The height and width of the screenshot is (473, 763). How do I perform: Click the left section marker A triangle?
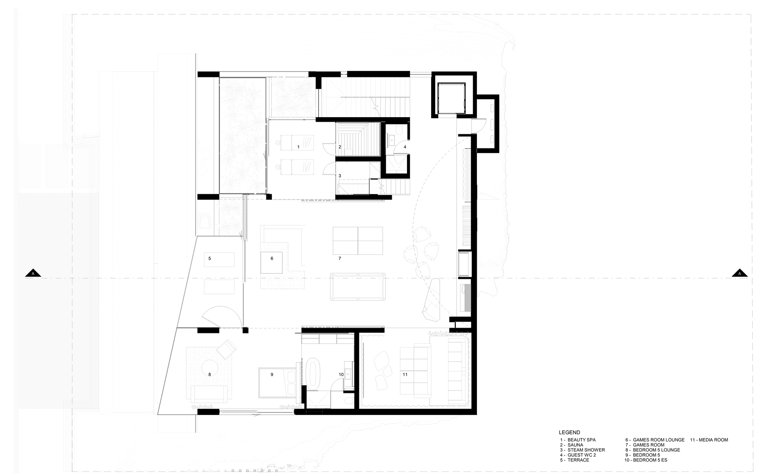click(x=33, y=273)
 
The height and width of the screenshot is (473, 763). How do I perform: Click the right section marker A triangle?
click(x=739, y=273)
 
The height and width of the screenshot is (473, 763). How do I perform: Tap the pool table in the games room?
click(x=358, y=286)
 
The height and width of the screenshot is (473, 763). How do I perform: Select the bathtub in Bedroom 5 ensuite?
click(x=314, y=374)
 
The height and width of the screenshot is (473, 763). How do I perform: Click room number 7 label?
click(x=340, y=259)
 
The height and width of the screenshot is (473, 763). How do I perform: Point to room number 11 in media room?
click(x=405, y=375)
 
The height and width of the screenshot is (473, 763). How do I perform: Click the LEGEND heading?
click(x=569, y=433)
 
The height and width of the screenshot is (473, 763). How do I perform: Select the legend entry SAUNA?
click(x=575, y=445)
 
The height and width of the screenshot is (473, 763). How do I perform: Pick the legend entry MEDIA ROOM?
click(x=709, y=440)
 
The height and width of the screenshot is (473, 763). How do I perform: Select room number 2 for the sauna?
click(x=340, y=147)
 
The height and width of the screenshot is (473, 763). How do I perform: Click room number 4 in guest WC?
click(x=405, y=147)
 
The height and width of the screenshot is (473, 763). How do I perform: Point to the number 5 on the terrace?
click(x=209, y=259)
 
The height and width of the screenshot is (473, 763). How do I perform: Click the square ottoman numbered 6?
click(x=272, y=262)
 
